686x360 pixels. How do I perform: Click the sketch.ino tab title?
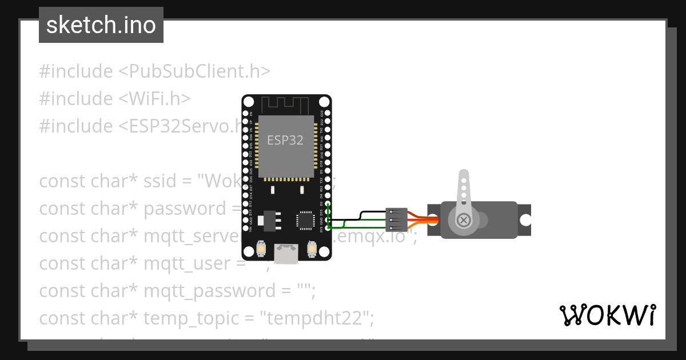101,25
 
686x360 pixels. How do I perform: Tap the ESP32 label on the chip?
285,140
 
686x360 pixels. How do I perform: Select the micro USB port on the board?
286,254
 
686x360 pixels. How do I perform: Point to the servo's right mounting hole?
525,220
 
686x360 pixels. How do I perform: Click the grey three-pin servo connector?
397,220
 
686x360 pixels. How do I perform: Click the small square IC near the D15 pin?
304,221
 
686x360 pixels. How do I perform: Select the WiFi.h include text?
154,99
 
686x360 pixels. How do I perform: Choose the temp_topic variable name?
192,318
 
